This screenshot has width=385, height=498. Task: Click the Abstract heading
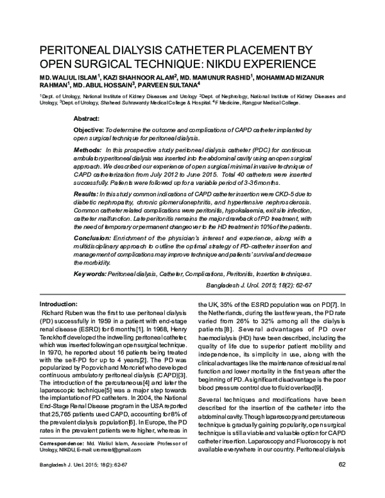tap(87, 119)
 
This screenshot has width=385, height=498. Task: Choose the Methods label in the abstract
tap(88, 149)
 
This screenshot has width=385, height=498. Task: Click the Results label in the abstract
tap(87, 193)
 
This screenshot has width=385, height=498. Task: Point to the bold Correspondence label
tap(62, 461)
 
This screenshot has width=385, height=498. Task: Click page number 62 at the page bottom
tap(341, 483)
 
